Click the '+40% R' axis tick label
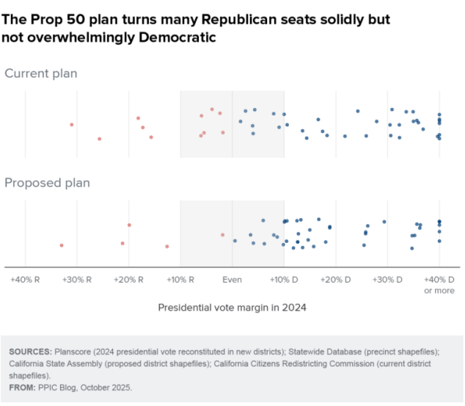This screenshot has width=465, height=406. click(25, 280)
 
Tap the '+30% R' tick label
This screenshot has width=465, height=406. click(77, 280)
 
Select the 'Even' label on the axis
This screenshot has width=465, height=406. click(232, 280)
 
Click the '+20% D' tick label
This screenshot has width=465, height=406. click(336, 280)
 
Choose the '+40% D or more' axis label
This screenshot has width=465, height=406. click(439, 285)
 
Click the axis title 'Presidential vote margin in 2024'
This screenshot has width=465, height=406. click(232, 308)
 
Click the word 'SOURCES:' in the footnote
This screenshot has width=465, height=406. click(30, 352)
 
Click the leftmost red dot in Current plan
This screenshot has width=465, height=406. click(72, 125)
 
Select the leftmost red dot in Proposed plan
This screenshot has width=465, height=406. click(62, 245)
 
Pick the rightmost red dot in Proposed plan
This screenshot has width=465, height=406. click(223, 235)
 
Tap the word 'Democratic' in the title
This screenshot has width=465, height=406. click(180, 37)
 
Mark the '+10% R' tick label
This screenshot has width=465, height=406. click(180, 280)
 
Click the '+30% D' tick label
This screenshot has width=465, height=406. click(388, 280)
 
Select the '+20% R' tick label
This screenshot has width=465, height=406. click(128, 280)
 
